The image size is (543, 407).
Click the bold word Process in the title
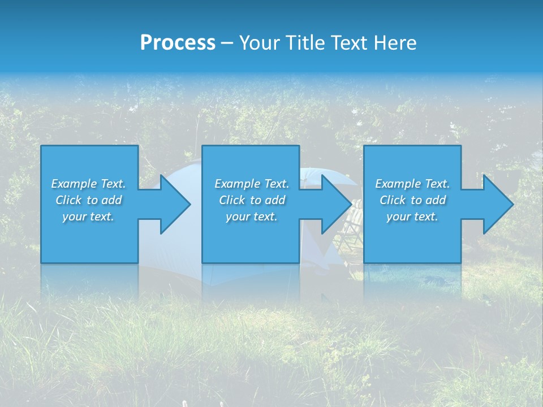tap(178, 43)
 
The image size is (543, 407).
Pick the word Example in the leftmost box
tap(74, 184)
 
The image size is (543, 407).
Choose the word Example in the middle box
tap(238, 184)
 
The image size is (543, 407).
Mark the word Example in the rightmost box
tap(398, 184)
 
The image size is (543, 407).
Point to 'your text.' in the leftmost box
tap(88, 217)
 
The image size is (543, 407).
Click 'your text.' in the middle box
tap(252, 217)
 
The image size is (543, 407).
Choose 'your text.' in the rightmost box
tap(412, 217)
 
